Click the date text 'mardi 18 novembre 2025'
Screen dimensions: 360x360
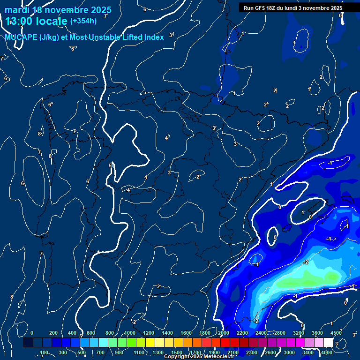pyautogui.click(x=58, y=10)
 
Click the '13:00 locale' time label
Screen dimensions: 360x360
pyautogui.click(x=37, y=21)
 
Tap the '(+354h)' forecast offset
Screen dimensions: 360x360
pyautogui.click(x=84, y=21)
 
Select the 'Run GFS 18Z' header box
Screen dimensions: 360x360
pyautogui.click(x=292, y=8)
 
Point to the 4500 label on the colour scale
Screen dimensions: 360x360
pyautogui.click(x=336, y=333)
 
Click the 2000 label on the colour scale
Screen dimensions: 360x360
pyautogui.click(x=224, y=333)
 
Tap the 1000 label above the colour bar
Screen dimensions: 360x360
pyautogui.click(x=130, y=333)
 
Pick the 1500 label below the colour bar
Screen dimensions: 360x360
pyautogui.click(x=177, y=352)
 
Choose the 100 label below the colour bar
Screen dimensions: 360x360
pyautogui.click(x=44, y=352)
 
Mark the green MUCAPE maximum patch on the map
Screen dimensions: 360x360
pyautogui.click(x=309, y=279)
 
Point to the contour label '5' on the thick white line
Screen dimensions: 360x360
pyautogui.click(x=110, y=165)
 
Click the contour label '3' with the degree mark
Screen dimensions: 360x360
pyautogui.click(x=215, y=128)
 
